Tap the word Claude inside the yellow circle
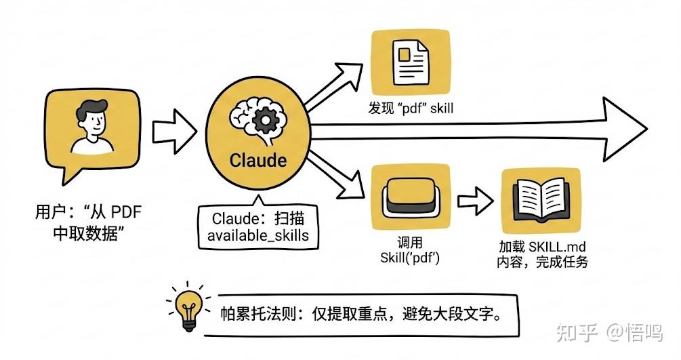257,160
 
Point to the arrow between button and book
476,201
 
